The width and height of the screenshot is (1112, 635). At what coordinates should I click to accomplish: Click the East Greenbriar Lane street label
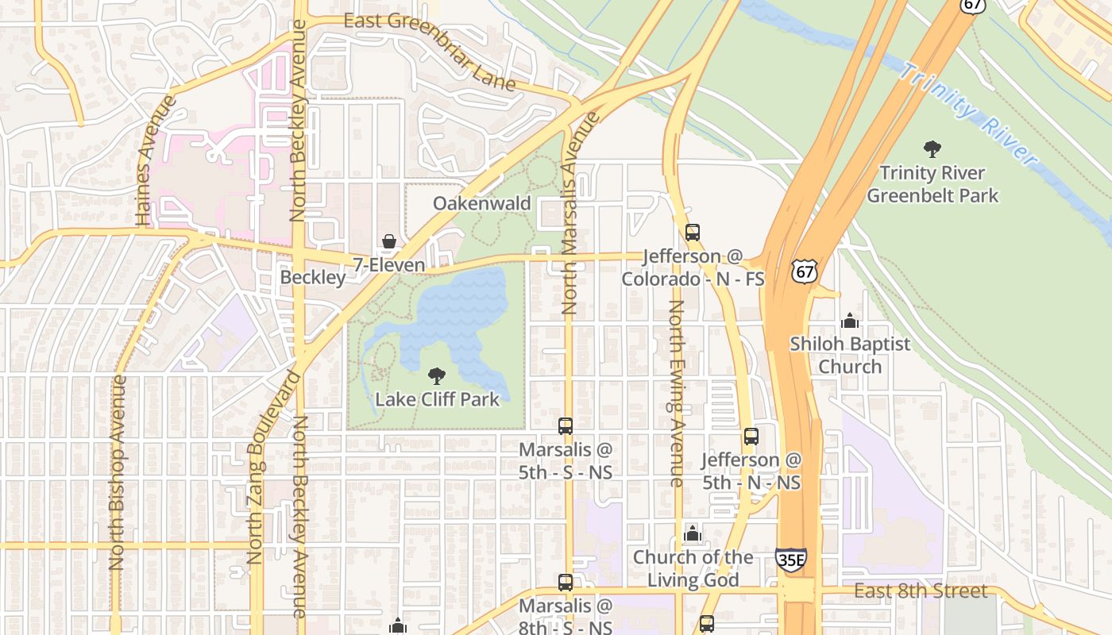[x=430, y=49]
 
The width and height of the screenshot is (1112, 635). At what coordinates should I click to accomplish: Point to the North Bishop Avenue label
[x=118, y=472]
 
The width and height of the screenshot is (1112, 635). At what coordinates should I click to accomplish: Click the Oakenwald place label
[x=481, y=203]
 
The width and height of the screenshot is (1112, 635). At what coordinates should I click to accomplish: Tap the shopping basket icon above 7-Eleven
[x=389, y=241]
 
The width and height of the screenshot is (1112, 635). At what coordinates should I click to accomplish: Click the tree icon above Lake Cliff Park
[x=436, y=375]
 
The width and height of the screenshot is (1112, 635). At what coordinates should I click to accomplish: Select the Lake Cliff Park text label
[x=437, y=398]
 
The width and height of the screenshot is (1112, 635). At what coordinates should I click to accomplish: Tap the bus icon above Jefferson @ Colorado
[x=693, y=233]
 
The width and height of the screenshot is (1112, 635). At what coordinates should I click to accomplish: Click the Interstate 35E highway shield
[x=790, y=560]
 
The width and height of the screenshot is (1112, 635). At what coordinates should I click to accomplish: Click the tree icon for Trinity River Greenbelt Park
[x=932, y=148]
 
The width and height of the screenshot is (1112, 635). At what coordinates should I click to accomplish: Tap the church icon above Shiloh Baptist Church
[x=850, y=321]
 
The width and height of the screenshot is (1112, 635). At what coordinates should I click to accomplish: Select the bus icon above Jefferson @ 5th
[x=751, y=436]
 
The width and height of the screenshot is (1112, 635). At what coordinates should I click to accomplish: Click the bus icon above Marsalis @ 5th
[x=566, y=426]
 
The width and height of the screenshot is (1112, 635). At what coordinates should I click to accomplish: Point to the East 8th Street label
[x=921, y=591]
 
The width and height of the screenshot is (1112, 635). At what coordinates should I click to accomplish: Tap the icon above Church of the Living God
[x=693, y=533]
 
